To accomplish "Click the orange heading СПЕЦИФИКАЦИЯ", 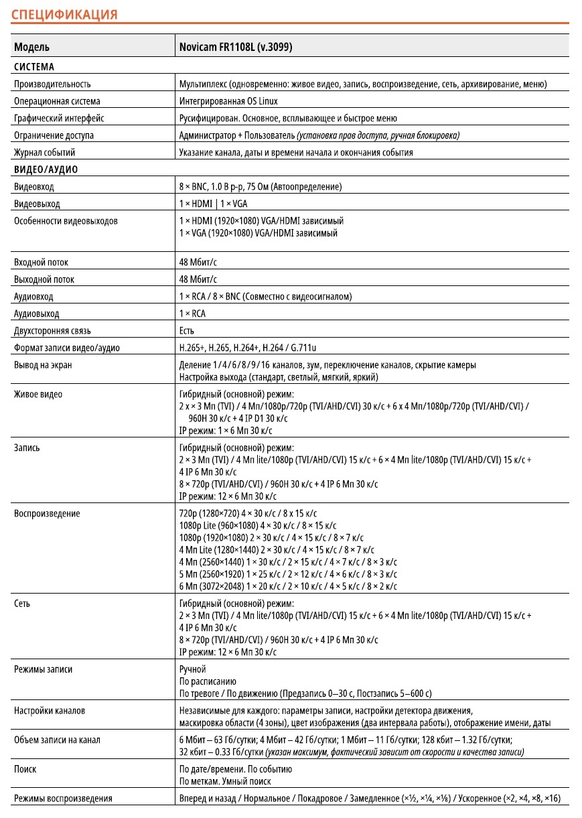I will point(66,14).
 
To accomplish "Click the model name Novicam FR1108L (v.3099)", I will point(235,48).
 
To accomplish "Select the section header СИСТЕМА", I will point(34,67).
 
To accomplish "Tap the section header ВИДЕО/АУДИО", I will point(46,169).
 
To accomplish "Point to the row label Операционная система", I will point(57,101).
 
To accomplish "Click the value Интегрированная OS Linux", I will point(228,101).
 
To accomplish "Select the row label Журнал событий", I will point(44,152).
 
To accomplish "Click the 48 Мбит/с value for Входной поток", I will point(198,263).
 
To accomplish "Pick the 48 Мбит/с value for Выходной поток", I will point(198,279).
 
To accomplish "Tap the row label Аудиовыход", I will point(36,314).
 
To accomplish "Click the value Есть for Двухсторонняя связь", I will point(187,330).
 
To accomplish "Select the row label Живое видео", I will point(38,394).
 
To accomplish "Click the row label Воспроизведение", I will point(47,514).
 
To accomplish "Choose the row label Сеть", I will point(22,604).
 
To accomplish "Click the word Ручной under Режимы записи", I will point(193,669).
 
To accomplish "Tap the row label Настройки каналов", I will point(50,710).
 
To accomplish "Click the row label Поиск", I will point(25,769).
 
